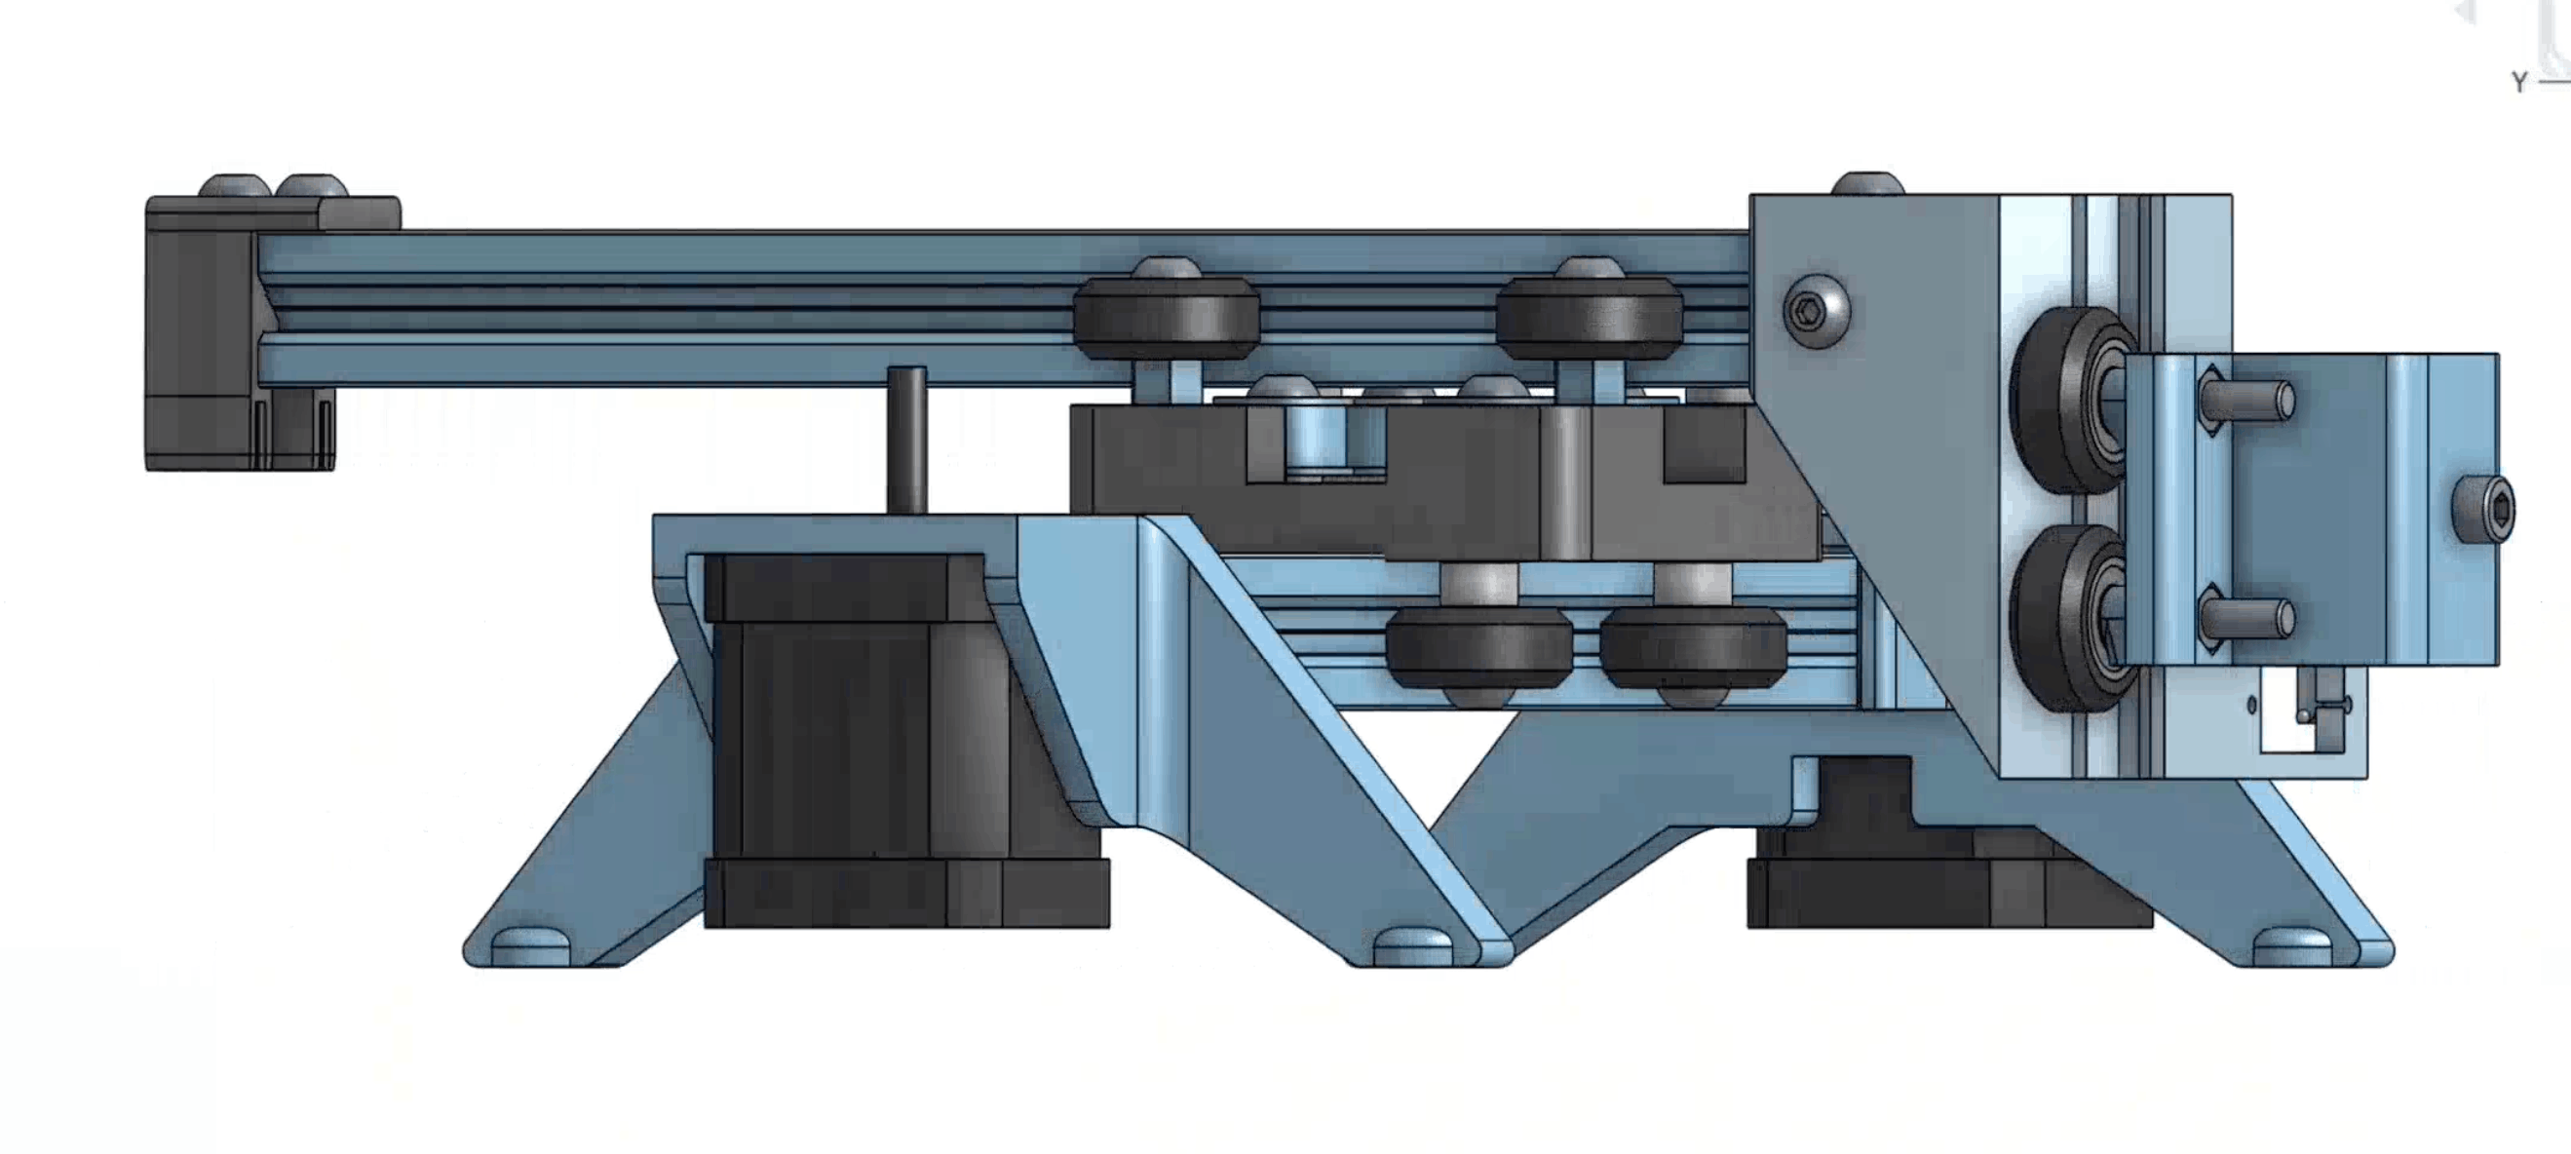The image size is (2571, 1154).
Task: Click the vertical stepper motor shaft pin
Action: pyautogui.click(x=906, y=440)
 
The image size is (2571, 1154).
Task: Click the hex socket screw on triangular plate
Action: pyautogui.click(x=1816, y=311)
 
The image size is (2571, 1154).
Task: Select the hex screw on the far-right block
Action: pyautogui.click(x=2483, y=510)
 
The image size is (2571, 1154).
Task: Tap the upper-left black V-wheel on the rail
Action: pyautogui.click(x=1165, y=319)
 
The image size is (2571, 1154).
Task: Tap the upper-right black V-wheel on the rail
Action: pyautogui.click(x=1589, y=319)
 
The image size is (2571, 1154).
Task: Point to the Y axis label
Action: pyautogui.click(x=2519, y=83)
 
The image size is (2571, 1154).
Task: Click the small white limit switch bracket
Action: pyautogui.click(x=2308, y=723)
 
